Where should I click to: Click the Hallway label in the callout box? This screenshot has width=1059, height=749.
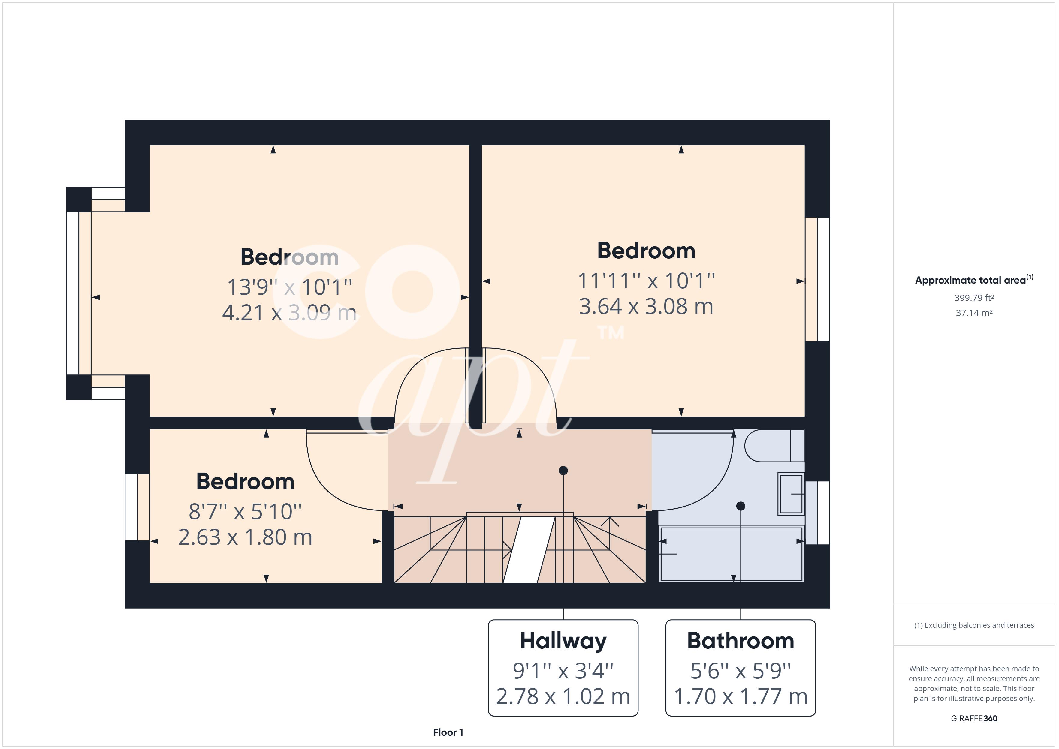(x=563, y=641)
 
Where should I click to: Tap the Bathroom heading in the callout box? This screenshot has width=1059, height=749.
(x=740, y=641)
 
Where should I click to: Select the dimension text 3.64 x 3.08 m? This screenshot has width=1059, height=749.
(x=646, y=307)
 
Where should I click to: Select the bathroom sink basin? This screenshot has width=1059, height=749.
(x=791, y=494)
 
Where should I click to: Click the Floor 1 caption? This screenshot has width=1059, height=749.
(x=448, y=732)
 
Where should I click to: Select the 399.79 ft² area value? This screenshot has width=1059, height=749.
(x=974, y=298)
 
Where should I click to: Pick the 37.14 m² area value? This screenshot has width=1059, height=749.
(x=974, y=313)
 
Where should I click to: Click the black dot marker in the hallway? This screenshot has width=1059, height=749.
(x=563, y=471)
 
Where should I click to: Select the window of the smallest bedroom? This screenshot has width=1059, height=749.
(x=131, y=507)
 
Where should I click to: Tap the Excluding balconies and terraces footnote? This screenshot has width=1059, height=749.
(x=974, y=625)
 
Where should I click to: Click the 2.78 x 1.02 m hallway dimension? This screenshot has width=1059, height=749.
(x=563, y=696)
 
